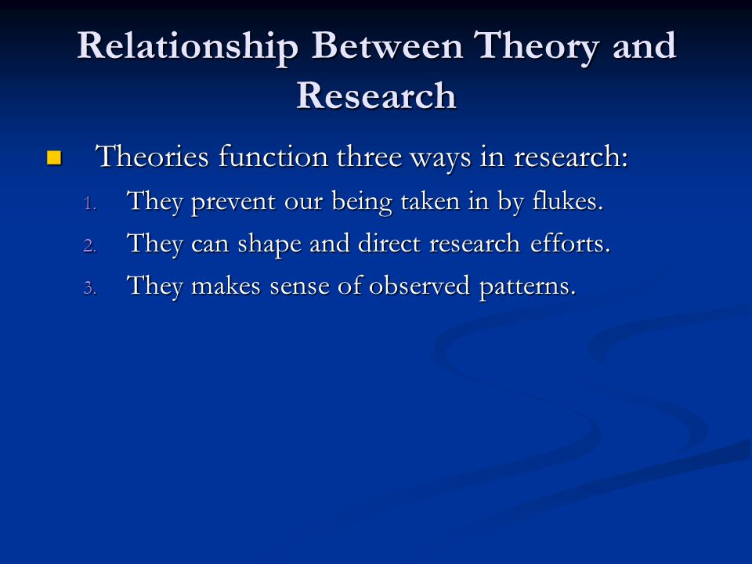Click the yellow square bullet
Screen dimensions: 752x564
click(54, 157)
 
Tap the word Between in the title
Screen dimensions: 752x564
click(387, 45)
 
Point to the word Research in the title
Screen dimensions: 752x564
click(376, 96)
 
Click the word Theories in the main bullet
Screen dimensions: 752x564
click(153, 157)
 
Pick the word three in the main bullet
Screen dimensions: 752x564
click(369, 157)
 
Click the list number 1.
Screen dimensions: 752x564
click(90, 204)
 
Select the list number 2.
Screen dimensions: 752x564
click(90, 246)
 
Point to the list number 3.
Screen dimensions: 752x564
click(90, 287)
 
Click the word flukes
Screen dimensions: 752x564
click(567, 201)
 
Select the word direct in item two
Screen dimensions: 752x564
click(389, 243)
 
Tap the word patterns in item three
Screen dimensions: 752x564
click(527, 287)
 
